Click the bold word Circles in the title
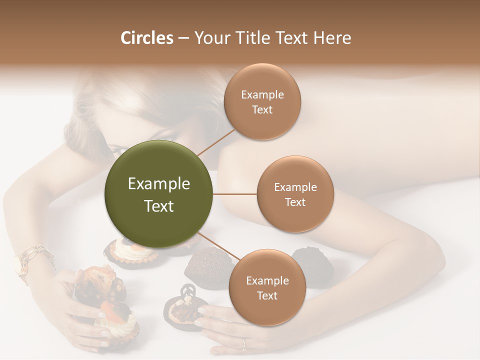click(x=146, y=38)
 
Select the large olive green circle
click(x=159, y=194)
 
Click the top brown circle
click(x=262, y=101)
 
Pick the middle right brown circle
click(x=295, y=194)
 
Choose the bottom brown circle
click(x=267, y=287)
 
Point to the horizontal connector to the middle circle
click(x=235, y=194)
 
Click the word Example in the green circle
click(x=159, y=184)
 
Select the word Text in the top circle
click(x=262, y=109)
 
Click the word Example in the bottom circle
click(x=267, y=280)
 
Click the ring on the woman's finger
click(x=244, y=343)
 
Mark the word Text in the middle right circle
click(x=295, y=202)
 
